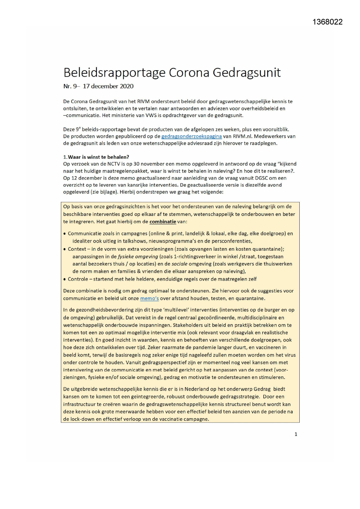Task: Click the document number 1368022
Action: click(x=328, y=22)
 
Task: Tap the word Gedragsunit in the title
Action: click(x=247, y=73)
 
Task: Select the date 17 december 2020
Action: click(x=108, y=86)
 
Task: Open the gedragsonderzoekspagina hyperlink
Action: click(x=191, y=136)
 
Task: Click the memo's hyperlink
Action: click(x=149, y=299)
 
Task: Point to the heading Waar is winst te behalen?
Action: click(x=98, y=157)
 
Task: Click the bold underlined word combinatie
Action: click(x=163, y=222)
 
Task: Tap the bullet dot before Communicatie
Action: click(x=64, y=234)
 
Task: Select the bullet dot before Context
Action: click(x=64, y=249)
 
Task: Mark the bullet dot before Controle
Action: click(x=64, y=279)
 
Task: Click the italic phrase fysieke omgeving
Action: click(x=138, y=257)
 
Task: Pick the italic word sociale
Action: click(x=180, y=264)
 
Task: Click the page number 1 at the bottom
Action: click(x=296, y=434)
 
